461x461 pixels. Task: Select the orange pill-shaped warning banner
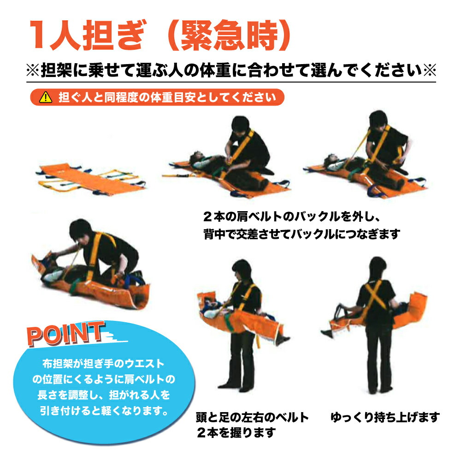tap(157, 97)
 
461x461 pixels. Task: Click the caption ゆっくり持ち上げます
tap(385, 418)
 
